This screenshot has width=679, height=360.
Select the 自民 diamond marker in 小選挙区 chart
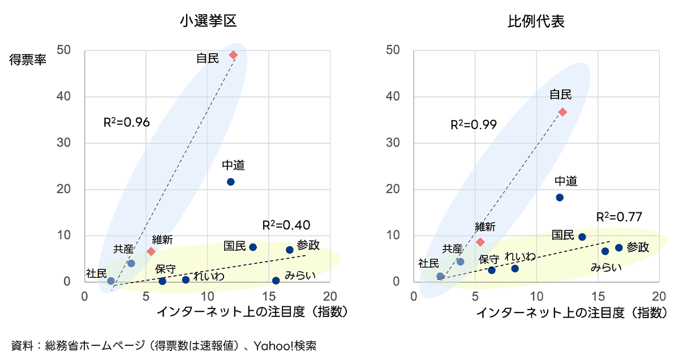tap(233, 55)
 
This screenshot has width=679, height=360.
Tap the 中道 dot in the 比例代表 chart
tap(560, 198)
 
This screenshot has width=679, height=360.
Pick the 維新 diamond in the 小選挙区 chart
tap(151, 251)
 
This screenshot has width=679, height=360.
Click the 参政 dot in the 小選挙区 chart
tap(290, 250)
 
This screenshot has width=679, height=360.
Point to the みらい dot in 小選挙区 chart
tap(276, 281)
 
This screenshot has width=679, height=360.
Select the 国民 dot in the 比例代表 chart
tap(582, 237)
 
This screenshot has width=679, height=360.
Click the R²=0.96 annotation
tap(126, 122)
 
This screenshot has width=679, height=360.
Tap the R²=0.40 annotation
tap(286, 225)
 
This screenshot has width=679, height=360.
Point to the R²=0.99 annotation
tap(474, 125)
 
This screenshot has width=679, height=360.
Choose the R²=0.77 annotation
tap(619, 216)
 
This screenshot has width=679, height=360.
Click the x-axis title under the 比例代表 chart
tap(569, 312)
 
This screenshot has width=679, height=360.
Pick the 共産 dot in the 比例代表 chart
tap(460, 262)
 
